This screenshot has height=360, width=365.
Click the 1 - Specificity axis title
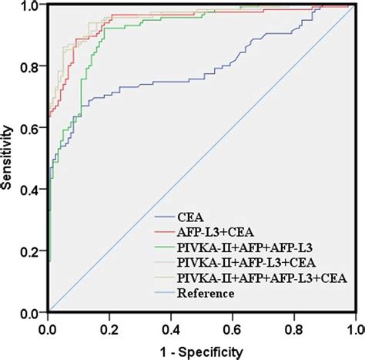202,351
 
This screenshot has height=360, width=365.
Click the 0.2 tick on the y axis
32,252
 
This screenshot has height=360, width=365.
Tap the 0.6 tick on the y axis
32,129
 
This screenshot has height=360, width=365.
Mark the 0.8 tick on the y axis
32,67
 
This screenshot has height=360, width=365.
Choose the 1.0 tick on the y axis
32,7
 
